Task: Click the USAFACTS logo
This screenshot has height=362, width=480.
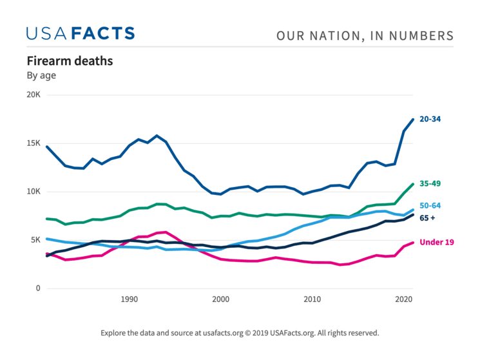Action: [81, 34]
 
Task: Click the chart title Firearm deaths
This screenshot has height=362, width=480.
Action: [70, 61]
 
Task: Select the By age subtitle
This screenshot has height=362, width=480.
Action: [41, 75]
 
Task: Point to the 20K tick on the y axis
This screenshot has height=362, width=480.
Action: [33, 95]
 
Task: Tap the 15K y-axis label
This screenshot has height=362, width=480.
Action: [33, 143]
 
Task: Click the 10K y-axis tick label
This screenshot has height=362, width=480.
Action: [33, 192]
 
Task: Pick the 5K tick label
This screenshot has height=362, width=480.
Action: [35, 240]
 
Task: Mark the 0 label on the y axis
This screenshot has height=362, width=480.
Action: [38, 288]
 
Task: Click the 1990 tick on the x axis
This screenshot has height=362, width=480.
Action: [130, 299]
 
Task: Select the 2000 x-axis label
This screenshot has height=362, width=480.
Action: [221, 299]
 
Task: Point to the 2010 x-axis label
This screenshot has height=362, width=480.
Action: [312, 299]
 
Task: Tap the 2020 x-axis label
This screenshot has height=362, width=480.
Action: [404, 299]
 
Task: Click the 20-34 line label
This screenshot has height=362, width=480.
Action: [430, 119]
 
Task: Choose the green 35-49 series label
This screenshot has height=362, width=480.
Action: [430, 184]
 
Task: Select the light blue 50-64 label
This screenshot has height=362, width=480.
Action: [430, 206]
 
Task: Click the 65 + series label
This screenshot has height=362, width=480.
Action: [427, 218]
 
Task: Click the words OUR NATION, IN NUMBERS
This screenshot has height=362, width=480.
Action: [365, 35]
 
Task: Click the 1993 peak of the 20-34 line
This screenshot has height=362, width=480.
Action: [157, 136]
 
